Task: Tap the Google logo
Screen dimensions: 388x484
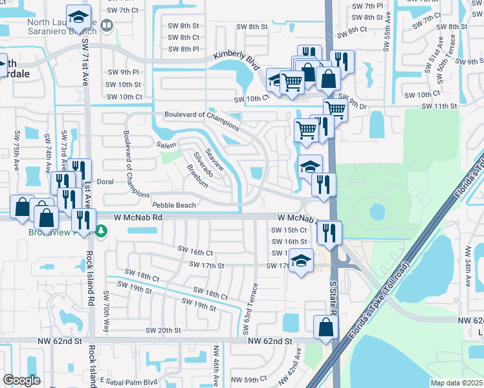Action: click(21, 380)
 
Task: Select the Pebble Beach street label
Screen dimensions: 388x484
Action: click(173, 205)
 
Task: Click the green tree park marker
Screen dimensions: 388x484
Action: click(101, 231)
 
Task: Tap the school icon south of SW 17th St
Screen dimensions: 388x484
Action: click(301, 261)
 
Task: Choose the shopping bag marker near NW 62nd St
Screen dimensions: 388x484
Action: click(325, 328)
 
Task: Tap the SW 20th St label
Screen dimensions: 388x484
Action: click(163, 330)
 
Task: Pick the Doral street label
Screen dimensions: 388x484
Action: click(105, 182)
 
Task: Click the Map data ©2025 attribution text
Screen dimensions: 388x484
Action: click(456, 382)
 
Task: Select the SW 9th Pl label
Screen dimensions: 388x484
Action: click(124, 72)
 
